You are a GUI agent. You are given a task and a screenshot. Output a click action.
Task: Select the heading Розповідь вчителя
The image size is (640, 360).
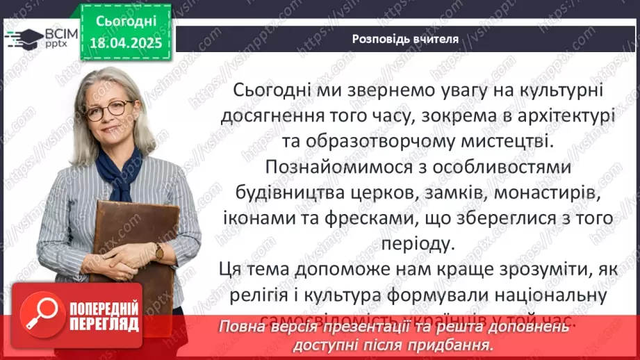(x=404, y=39)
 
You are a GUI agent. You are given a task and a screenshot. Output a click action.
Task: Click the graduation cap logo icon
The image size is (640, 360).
(x=22, y=37)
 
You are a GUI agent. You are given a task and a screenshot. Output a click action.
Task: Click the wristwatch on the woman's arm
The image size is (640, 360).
(x=159, y=252)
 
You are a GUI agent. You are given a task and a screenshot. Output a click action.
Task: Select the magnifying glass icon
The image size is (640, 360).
(x=43, y=314)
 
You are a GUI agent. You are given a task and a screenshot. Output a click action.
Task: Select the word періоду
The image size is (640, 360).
(x=416, y=244)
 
